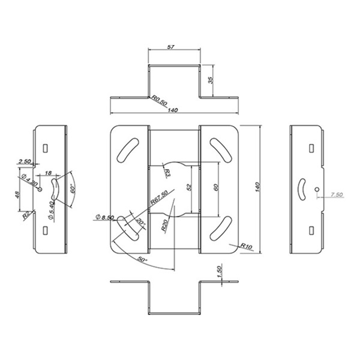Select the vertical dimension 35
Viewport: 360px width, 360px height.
click(211, 80)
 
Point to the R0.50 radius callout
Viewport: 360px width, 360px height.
click(160, 100)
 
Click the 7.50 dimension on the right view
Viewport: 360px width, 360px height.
click(336, 195)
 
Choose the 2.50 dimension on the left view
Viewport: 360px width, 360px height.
click(25, 161)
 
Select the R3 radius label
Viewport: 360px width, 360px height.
click(168, 173)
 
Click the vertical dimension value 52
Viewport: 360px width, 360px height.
click(191, 188)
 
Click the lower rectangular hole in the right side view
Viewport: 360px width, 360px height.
click(311, 229)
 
